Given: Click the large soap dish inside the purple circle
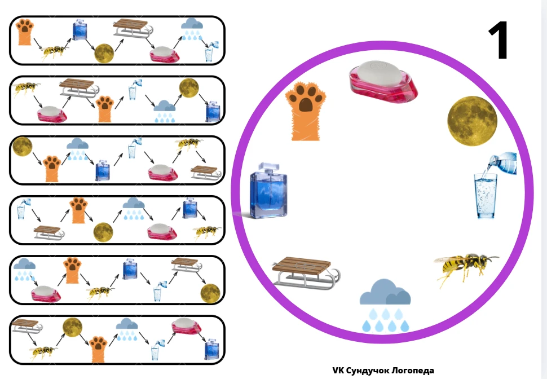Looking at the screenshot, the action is pos(383,82).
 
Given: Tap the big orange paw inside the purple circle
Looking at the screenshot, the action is pos(306,111).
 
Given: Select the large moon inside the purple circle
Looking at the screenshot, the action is pos(473,121).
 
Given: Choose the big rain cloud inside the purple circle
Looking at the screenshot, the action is pos(385,305).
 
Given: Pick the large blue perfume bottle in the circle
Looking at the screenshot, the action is pos(268,191).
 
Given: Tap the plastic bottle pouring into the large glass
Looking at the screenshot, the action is pos(502,162).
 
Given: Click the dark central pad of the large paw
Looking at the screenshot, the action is pos(306,105).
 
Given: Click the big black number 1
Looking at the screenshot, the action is pos(499,40).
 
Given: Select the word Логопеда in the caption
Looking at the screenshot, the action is pos(413,371).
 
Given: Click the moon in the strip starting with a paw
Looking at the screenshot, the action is pos(104,54).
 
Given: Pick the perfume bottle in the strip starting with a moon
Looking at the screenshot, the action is pos(102,170).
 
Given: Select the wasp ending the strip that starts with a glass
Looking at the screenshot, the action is pos(207,232).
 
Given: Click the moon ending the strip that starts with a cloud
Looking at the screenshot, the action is pos(210,293).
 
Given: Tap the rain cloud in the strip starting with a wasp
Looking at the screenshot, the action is pos(165,111).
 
